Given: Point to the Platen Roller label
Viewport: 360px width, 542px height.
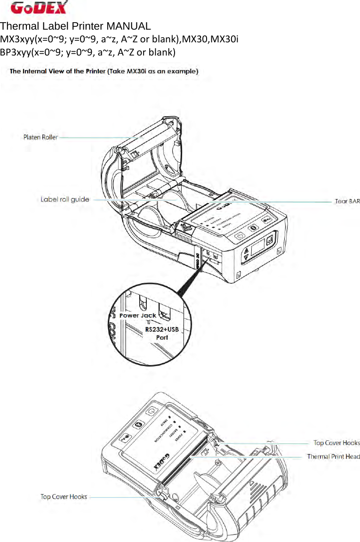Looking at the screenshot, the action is pos(40,137).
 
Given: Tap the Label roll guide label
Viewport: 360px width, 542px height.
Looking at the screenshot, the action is pos(65,199).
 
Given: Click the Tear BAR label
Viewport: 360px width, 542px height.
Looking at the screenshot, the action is pos(347,201).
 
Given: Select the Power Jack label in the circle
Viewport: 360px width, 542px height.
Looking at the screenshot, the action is pos(137,316).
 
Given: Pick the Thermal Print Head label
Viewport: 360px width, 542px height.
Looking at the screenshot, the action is pos(333,456).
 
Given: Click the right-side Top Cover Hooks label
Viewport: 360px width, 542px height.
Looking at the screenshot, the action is pos(336,443).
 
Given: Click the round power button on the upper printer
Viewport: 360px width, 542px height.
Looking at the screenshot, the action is pos(240,236).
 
